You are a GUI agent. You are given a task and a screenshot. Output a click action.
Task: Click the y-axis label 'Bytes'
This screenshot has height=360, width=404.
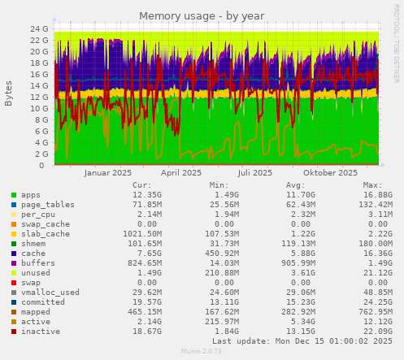click(9, 93)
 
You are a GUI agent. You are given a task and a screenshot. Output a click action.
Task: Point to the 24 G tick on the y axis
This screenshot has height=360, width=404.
click(39, 28)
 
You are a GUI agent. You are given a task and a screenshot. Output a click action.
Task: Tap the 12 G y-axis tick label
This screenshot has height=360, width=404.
click(39, 97)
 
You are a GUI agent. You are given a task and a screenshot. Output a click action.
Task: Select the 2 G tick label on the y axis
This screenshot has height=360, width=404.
click(41, 154)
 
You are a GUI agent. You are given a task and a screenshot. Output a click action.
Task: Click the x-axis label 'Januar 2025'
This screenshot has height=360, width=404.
click(108, 172)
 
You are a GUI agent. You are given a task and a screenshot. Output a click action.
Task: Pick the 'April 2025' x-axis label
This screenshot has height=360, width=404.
click(181, 172)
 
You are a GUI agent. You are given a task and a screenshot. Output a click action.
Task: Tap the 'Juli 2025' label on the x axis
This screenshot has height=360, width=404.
click(255, 172)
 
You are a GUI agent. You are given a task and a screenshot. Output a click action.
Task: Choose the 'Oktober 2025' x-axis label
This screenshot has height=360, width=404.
click(330, 172)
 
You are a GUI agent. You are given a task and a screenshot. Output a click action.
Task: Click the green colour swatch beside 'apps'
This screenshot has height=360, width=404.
click(14, 195)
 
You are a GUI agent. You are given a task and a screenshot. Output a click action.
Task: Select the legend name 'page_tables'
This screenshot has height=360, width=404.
click(48, 205)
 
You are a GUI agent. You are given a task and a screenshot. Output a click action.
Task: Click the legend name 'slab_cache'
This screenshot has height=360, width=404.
click(46, 233)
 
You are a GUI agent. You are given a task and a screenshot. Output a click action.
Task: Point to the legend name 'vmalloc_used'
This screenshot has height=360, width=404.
click(50, 292)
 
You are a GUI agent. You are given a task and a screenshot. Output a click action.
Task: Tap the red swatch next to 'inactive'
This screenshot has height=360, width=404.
click(14, 331)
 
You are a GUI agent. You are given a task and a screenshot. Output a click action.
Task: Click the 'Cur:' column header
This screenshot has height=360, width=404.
click(141, 185)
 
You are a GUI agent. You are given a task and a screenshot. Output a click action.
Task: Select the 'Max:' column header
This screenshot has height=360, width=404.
click(373, 185)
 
